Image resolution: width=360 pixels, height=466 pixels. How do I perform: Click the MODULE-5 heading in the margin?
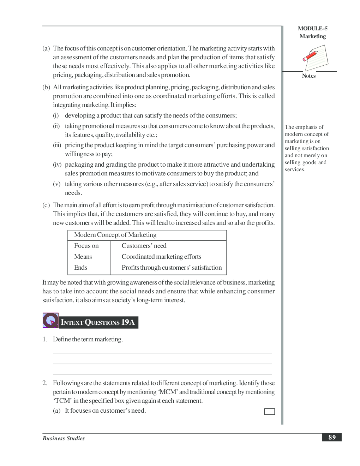(x=312, y=29)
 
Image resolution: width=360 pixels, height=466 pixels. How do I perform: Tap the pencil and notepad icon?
(x=315, y=58)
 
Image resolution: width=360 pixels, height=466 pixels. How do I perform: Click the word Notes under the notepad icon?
(x=308, y=76)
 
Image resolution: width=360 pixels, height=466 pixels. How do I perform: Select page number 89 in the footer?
(x=332, y=437)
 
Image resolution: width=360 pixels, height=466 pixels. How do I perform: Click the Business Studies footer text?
(x=64, y=438)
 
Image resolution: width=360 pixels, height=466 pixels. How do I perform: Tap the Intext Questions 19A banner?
(x=98, y=322)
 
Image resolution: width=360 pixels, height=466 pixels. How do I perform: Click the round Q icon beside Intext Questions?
(x=50, y=321)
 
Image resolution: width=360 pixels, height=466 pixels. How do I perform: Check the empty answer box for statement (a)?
(x=269, y=412)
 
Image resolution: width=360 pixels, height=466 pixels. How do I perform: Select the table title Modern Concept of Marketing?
(x=115, y=235)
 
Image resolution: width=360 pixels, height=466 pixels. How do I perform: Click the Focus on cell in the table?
(x=86, y=246)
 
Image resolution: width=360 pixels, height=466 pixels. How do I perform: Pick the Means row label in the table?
(x=83, y=257)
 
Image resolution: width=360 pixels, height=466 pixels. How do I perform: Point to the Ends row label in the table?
(x=80, y=268)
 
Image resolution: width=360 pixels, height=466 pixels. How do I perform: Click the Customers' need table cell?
(x=144, y=246)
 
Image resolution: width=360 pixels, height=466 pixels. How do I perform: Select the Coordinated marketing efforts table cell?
(x=161, y=257)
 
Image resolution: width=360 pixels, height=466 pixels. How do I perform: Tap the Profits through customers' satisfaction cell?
(x=172, y=268)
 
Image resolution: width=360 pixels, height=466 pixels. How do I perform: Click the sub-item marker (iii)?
(x=57, y=145)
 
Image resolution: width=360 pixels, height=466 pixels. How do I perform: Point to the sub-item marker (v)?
(x=56, y=184)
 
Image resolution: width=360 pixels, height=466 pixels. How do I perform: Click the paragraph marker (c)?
(x=46, y=205)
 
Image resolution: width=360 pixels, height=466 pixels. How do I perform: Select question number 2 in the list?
(x=45, y=383)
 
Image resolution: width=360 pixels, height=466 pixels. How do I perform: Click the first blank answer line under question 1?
(x=162, y=353)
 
